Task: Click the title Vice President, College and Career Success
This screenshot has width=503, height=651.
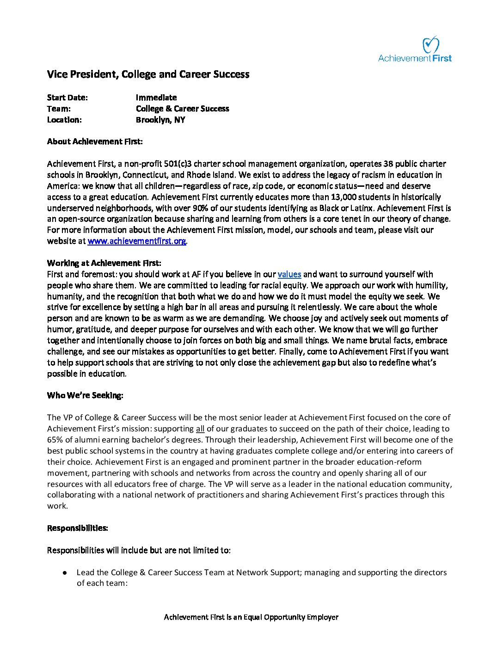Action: (x=148, y=74)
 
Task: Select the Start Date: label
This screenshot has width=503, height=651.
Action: (x=67, y=98)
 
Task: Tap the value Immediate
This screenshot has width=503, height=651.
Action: (x=156, y=98)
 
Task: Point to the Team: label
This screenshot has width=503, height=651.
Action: (x=59, y=109)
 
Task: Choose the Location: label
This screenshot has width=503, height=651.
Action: (x=64, y=120)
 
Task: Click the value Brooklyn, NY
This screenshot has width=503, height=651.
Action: (x=160, y=120)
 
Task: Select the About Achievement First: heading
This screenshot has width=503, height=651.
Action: (x=95, y=141)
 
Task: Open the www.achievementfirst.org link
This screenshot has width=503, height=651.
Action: (x=137, y=241)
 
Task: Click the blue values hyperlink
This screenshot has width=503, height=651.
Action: (x=289, y=274)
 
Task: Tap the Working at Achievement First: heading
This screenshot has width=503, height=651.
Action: (x=104, y=263)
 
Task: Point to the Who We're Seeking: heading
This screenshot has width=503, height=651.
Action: (x=85, y=395)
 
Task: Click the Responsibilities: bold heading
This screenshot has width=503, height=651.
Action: (x=78, y=528)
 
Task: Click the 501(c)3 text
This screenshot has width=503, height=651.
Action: (x=180, y=164)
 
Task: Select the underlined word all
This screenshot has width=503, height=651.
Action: (x=200, y=429)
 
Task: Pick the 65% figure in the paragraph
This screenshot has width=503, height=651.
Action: (x=55, y=440)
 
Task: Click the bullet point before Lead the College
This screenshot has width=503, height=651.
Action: (x=66, y=572)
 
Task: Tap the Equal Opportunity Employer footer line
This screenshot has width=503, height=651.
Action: (x=251, y=617)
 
